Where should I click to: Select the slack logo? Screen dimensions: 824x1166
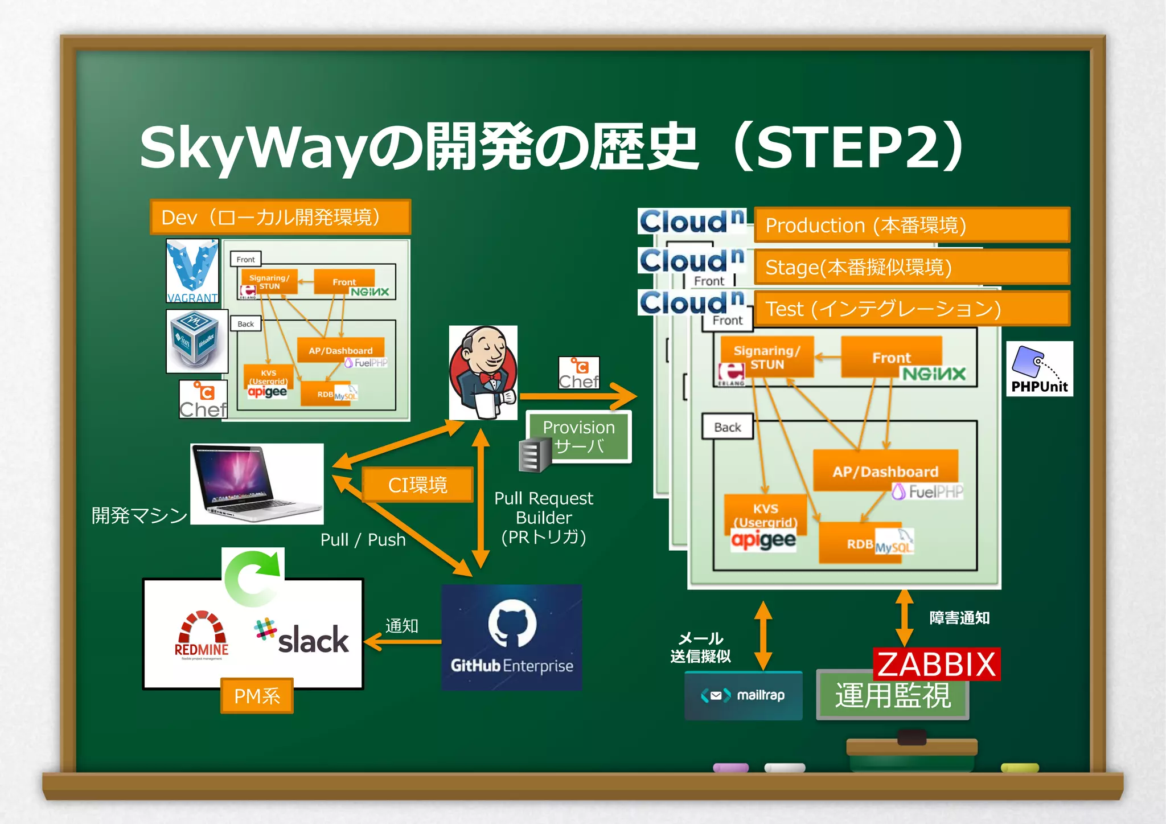302,637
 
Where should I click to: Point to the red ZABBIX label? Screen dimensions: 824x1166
936,664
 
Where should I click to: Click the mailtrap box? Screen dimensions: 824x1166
743,695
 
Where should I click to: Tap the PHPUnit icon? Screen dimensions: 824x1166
1039,368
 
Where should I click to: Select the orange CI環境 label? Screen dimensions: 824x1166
417,485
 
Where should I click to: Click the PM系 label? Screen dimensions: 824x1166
257,695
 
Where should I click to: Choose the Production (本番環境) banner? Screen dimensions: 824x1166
912,225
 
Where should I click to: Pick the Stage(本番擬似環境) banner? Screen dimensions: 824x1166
912,267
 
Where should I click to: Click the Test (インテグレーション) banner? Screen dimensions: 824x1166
912,309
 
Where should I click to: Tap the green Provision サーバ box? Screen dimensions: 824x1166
579,436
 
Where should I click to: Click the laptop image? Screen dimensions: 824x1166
257,483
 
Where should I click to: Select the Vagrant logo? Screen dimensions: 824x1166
192,271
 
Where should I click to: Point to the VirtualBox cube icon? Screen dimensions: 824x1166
196,341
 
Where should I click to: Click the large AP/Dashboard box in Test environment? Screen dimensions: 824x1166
885,470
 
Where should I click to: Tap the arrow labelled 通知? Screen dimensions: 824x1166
403,642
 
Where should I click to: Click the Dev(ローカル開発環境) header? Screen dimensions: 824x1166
280,217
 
